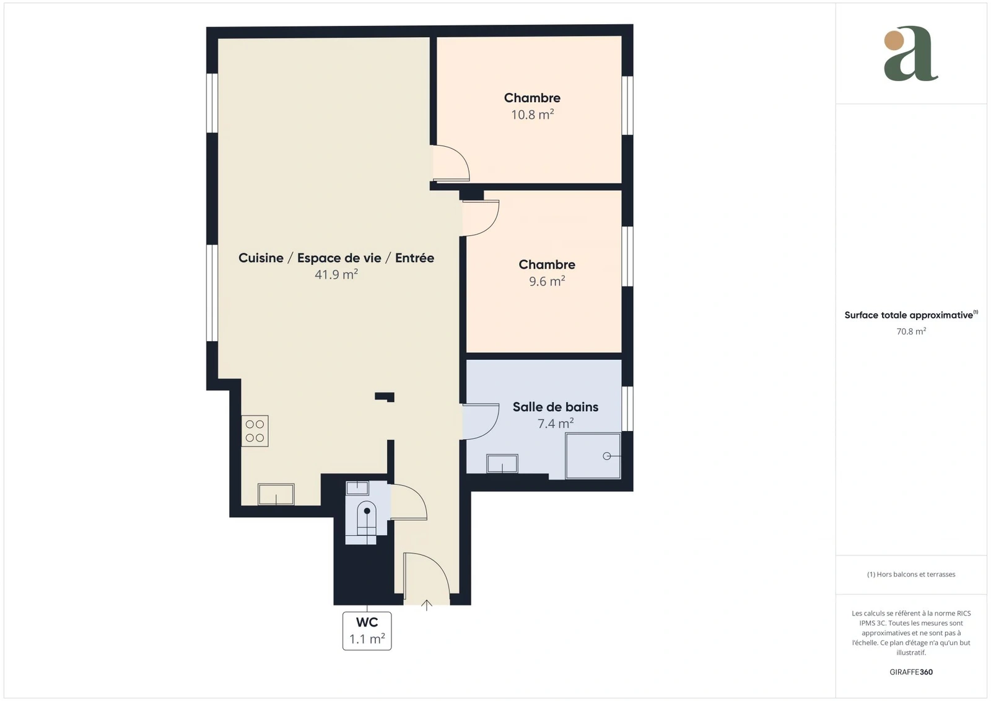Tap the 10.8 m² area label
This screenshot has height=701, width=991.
tap(532, 115)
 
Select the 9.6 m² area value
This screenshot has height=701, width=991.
tap(547, 281)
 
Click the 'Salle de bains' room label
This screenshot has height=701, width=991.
tap(555, 407)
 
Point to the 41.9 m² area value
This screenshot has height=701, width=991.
tap(336, 274)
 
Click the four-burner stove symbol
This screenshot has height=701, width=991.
tap(255, 431)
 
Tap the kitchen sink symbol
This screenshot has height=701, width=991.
tap(276, 494)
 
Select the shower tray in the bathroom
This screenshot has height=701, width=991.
tap(593, 456)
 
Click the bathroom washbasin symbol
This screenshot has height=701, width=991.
tap(502, 463)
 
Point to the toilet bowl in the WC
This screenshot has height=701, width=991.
tap(367, 518)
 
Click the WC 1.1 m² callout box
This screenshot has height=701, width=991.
tap(367, 630)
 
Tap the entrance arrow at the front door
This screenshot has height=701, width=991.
tap(427, 605)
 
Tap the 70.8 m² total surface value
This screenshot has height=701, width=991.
tap(911, 331)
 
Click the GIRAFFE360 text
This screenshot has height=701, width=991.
tap(911, 672)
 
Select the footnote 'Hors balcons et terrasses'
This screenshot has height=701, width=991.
tap(916, 574)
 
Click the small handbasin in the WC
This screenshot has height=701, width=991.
tap(357, 488)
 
